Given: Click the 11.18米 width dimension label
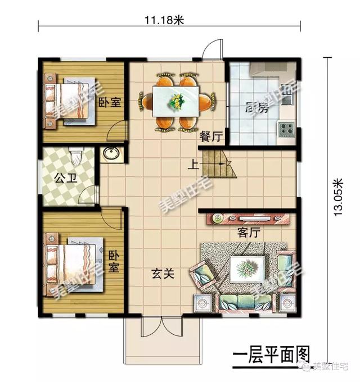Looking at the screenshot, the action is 164,20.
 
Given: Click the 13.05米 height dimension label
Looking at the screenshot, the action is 339,197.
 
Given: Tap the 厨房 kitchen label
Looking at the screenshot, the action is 256,108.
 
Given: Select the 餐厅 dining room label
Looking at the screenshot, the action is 211,137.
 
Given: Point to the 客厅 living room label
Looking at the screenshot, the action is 249,232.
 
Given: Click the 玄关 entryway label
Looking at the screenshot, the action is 163,274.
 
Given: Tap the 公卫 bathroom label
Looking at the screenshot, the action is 66,178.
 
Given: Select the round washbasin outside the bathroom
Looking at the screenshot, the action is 111,153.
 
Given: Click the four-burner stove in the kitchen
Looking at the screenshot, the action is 286,130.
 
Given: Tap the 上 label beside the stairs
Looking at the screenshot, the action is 193,165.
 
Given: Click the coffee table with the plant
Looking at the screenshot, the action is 247,269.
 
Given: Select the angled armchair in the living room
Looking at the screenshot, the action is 203,274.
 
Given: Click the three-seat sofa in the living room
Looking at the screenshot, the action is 246,303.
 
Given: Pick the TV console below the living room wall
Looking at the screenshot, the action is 248,219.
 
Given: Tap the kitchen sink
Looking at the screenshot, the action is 287,98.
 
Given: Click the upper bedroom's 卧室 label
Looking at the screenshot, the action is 110,103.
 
